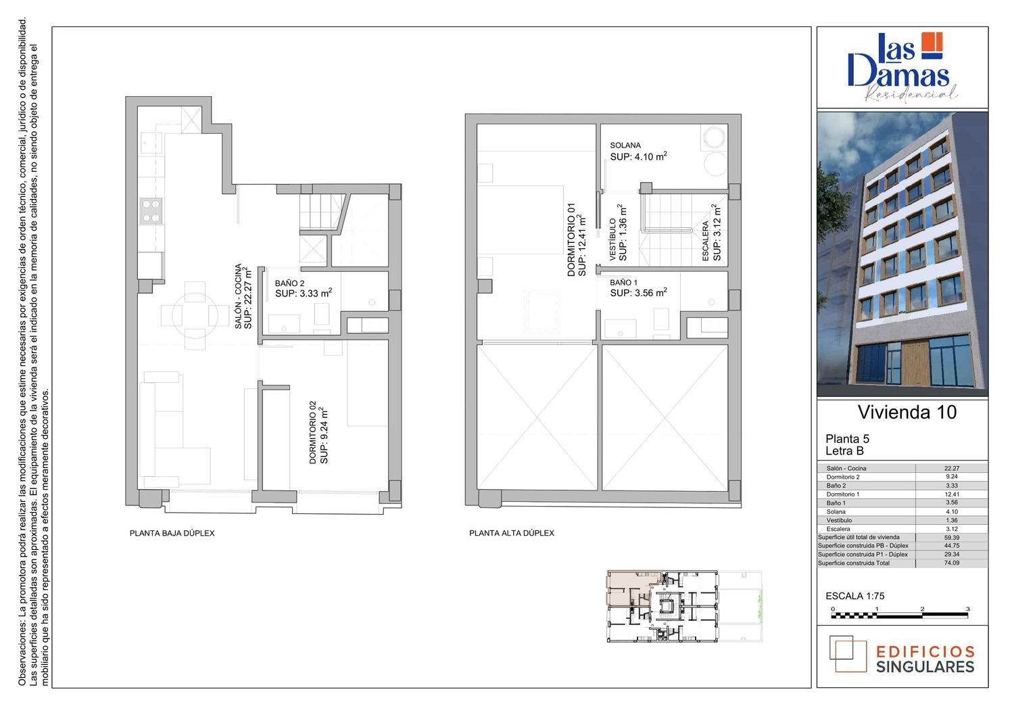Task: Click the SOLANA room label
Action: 625,145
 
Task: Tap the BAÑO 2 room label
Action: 289,283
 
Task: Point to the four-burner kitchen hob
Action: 151,211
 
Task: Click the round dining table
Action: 195,315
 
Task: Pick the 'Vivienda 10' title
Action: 907,412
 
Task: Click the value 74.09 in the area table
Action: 952,563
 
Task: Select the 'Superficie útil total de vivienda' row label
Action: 859,537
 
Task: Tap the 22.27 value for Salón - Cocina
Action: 952,468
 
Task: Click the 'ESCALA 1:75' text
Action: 855,596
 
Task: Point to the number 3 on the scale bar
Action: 968,609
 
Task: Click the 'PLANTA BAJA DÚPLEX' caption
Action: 172,533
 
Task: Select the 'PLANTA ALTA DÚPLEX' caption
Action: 512,533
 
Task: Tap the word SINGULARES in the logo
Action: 925,667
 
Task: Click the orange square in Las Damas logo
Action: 932,45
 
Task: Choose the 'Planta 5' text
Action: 848,438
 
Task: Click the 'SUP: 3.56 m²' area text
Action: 638,293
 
